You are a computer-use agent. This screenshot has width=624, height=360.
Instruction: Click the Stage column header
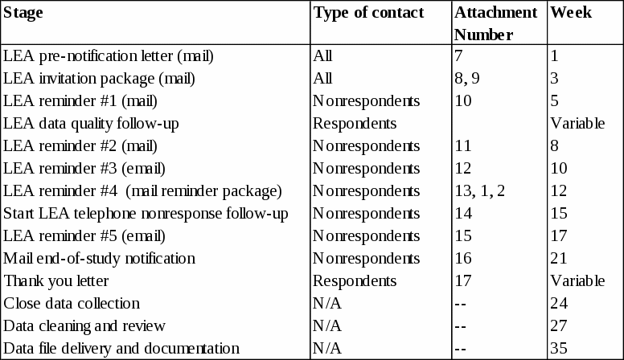[x=23, y=13]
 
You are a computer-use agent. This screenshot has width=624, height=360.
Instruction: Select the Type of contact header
[x=368, y=13]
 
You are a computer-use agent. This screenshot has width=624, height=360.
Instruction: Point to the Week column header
[x=571, y=13]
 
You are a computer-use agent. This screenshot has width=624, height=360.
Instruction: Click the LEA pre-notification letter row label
[x=109, y=56]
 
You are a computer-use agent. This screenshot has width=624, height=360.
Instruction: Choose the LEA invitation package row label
[x=99, y=79]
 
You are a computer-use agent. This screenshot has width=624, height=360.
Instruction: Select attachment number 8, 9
[x=466, y=79]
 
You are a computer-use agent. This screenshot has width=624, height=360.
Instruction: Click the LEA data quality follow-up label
[x=91, y=124]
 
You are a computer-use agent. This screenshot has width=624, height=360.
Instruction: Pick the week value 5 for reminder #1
[x=555, y=101]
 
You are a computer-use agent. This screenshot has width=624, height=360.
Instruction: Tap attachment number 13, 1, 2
[x=480, y=191]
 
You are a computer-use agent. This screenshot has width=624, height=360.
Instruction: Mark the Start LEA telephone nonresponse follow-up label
[x=146, y=214]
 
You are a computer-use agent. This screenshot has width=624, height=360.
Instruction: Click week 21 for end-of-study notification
[x=559, y=259]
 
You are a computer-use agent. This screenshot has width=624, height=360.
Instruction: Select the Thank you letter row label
[x=56, y=281]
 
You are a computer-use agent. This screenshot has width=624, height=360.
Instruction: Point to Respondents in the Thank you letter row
[x=355, y=281]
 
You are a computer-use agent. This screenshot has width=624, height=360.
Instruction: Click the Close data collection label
[x=72, y=304]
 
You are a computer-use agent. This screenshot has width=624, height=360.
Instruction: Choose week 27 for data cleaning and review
[x=559, y=326]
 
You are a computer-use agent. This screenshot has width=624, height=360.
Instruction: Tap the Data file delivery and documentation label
[x=121, y=349]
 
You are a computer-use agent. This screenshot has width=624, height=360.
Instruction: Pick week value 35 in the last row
[x=559, y=349]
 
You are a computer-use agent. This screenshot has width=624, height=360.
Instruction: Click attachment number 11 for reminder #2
[x=463, y=146]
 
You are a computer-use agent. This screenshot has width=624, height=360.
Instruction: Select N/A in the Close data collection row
[x=327, y=304]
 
